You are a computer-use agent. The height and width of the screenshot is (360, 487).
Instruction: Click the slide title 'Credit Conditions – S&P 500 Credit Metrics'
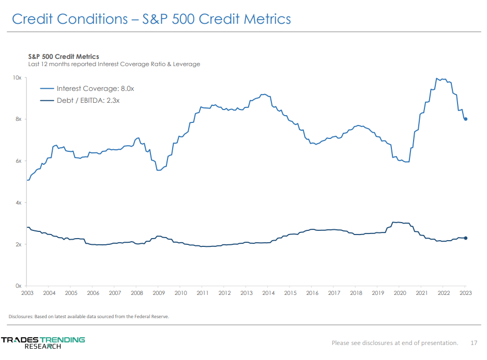pos(151,19)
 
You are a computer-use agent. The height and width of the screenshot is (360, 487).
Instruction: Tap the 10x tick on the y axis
pos(17,77)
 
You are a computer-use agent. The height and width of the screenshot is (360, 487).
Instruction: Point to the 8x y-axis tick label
pos(18,119)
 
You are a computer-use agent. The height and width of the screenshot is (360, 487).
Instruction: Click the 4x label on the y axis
pos(18,202)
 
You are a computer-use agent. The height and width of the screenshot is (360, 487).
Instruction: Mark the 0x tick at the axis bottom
pos(18,286)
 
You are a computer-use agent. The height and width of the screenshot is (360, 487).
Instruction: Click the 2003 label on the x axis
pos(27,293)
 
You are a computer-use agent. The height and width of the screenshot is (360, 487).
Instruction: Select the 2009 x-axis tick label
pos(159,293)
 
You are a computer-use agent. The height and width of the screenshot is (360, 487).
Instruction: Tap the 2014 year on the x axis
pos(268,293)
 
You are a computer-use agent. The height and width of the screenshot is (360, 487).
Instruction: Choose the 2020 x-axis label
pos(400,293)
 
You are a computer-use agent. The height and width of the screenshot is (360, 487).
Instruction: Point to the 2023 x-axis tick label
pos(465,293)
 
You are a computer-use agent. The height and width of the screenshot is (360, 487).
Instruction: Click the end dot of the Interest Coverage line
pos(466,119)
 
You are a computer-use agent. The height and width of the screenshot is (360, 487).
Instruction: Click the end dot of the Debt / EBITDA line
pos(466,238)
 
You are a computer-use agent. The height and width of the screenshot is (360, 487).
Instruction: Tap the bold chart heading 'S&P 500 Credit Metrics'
pos(63,56)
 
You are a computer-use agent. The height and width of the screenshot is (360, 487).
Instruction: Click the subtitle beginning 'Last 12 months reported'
pos(114,64)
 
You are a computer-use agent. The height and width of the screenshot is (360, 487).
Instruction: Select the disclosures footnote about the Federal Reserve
pos(89,317)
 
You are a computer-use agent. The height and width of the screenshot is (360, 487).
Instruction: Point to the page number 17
pos(474,342)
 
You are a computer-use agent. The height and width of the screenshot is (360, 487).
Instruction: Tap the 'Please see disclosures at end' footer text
pos(394,342)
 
